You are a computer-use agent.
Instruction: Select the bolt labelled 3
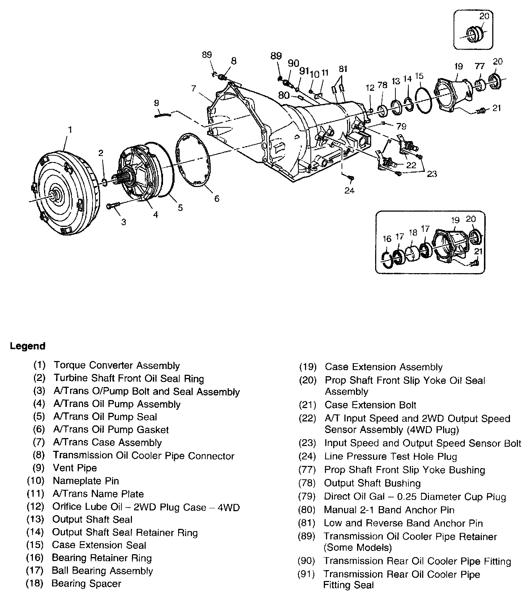(x=112, y=206)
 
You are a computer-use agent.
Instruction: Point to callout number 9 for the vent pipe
(x=156, y=103)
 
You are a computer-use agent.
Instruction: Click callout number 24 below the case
(x=349, y=190)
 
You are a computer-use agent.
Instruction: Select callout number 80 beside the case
(x=284, y=95)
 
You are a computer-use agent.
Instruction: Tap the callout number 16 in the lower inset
(x=387, y=239)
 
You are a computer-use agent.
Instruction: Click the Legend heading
(x=28, y=346)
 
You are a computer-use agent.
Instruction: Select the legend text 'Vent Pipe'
(x=75, y=468)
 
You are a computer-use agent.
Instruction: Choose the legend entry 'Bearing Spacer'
(x=86, y=584)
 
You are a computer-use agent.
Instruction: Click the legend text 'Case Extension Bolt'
(x=370, y=405)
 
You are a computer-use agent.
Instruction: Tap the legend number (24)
(x=307, y=457)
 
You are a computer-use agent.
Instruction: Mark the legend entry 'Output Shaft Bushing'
(x=372, y=483)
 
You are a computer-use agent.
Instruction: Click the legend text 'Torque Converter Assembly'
(x=116, y=366)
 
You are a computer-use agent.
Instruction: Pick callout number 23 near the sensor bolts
(x=432, y=174)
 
